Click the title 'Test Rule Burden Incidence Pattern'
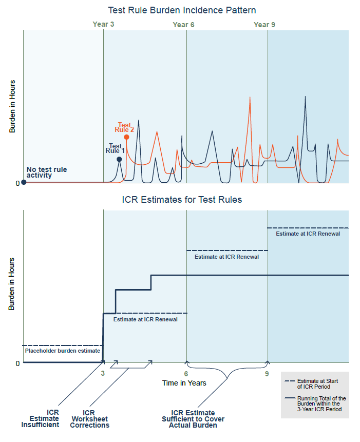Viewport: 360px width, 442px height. pyautogui.click(x=182, y=10)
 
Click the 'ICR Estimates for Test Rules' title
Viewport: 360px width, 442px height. pyautogui.click(x=182, y=200)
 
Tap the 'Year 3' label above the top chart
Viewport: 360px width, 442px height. pyautogui.click(x=103, y=24)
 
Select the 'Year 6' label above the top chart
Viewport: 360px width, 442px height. pyautogui.click(x=183, y=25)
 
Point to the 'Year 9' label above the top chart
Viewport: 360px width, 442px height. pyautogui.click(x=264, y=24)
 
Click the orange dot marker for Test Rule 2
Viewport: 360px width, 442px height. pyautogui.click(x=126, y=137)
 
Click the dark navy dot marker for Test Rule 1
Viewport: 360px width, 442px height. pyautogui.click(x=119, y=159)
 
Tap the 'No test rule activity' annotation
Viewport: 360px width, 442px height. pyautogui.click(x=47, y=172)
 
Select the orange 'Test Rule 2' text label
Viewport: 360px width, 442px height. pyautogui.click(x=124, y=127)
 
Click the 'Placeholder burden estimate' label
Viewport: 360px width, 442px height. pyautogui.click(x=62, y=351)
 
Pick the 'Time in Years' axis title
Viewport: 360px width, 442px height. pyautogui.click(x=184, y=383)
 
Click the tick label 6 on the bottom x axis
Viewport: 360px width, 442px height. pyautogui.click(x=186, y=374)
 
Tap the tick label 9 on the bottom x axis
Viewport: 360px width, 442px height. pyautogui.click(x=267, y=374)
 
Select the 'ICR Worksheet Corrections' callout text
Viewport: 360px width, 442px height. pyautogui.click(x=89, y=418)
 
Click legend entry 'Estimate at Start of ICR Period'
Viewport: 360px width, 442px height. pyautogui.click(x=314, y=384)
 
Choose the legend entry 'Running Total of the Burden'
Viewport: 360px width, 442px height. pyautogui.click(x=314, y=404)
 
